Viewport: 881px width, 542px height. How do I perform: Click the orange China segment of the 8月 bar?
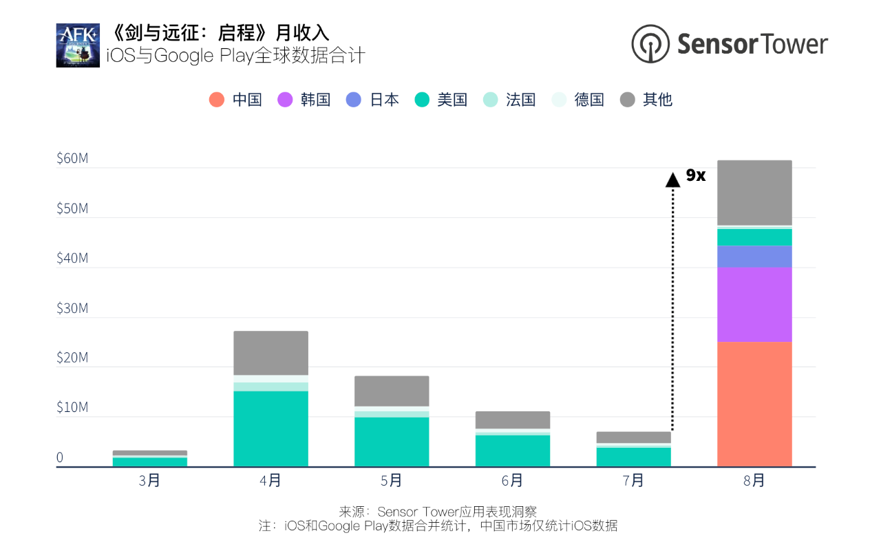point(754,404)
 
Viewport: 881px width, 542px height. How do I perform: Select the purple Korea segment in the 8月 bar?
point(754,304)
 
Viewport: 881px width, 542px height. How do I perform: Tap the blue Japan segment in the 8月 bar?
point(754,257)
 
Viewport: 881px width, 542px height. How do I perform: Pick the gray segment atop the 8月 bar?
point(754,193)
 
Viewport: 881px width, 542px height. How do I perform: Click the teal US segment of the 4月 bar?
point(270,429)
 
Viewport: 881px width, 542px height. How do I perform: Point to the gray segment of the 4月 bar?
point(270,353)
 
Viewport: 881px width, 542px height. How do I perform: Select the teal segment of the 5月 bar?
point(392,442)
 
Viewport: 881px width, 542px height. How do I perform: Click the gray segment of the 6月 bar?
point(513,420)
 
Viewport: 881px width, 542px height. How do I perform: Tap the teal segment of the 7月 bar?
point(633,457)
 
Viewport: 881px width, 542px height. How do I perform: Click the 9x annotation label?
point(696,176)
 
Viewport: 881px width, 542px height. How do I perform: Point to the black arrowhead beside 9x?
point(672,180)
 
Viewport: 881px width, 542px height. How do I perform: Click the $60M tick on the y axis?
point(72,159)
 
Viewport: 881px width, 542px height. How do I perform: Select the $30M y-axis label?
point(72,308)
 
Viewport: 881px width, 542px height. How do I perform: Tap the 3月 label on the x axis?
point(149,481)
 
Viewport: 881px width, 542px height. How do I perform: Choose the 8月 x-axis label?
point(754,481)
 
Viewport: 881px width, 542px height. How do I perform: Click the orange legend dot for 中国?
point(217,100)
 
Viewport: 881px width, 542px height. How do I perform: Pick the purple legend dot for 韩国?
point(285,100)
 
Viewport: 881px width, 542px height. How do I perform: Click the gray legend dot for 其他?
point(627,100)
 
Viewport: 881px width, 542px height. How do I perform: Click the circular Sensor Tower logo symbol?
point(650,44)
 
